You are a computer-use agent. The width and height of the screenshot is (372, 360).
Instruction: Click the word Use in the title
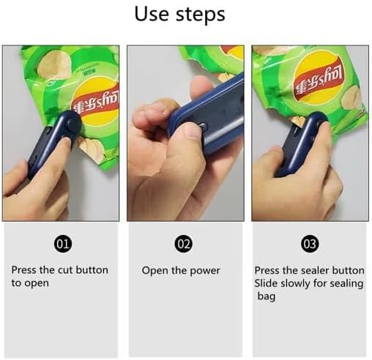(x=152, y=14)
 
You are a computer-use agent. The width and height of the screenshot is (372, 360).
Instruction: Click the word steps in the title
(x=201, y=15)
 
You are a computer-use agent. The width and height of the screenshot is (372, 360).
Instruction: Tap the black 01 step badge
(x=63, y=244)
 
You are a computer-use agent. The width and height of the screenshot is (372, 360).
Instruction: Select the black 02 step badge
(x=184, y=244)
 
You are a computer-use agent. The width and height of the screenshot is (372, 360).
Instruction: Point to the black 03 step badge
(x=310, y=244)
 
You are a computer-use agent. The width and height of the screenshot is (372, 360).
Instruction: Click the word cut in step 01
(x=65, y=270)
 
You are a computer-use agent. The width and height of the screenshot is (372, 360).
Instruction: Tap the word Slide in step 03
(x=266, y=283)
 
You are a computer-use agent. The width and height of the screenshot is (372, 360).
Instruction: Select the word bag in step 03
(x=267, y=297)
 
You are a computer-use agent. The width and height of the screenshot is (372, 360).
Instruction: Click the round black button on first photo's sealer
(x=71, y=122)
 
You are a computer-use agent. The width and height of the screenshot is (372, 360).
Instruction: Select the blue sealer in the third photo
(x=302, y=144)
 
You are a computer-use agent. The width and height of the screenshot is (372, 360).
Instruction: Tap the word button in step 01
(x=92, y=270)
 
